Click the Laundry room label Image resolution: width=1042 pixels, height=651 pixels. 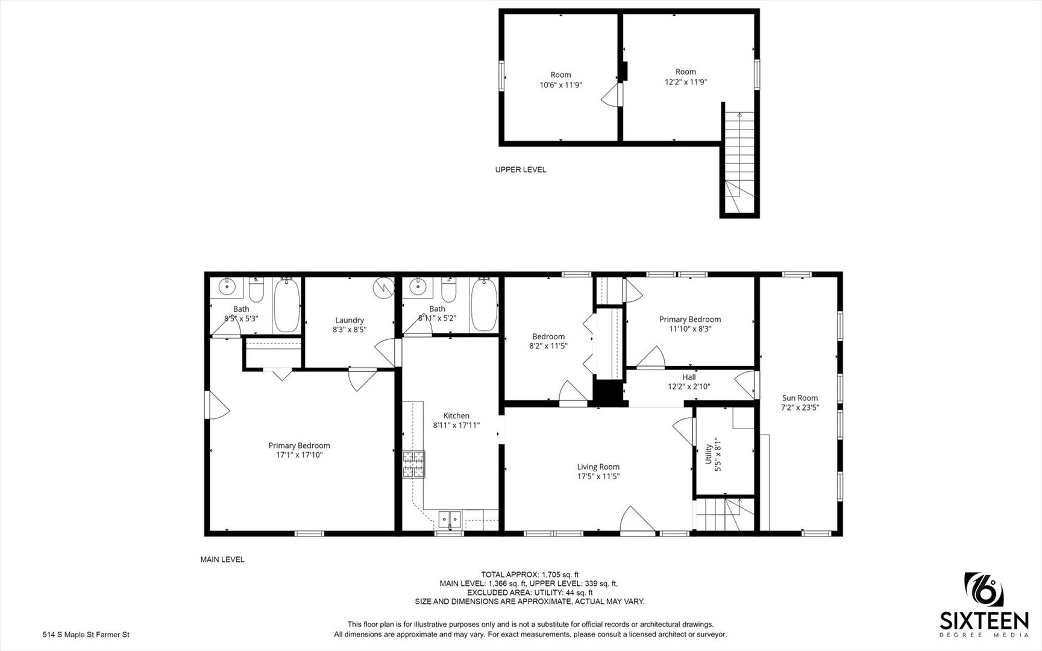(x=350, y=320)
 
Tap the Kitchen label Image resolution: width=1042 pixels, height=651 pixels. (x=456, y=415)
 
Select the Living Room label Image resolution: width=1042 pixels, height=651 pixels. (x=598, y=467)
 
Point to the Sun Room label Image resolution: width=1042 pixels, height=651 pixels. (x=800, y=398)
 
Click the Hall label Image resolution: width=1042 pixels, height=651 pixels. (x=689, y=377)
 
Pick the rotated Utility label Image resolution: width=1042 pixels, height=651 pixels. (x=708, y=454)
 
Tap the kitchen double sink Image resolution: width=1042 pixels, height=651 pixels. (x=450, y=518)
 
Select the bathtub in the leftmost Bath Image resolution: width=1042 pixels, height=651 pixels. (x=287, y=305)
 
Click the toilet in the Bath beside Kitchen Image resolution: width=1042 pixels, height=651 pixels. (x=448, y=291)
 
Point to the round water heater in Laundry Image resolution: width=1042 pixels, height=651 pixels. (x=383, y=288)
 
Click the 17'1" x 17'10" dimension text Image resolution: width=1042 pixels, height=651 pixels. (x=299, y=455)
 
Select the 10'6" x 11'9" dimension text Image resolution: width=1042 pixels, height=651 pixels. (x=560, y=85)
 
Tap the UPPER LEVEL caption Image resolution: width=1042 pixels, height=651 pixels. (x=521, y=169)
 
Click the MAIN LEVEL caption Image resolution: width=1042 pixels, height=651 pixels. (x=222, y=559)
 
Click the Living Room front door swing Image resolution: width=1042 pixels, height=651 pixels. (x=638, y=519)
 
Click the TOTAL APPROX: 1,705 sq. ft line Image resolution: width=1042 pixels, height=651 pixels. (x=530, y=574)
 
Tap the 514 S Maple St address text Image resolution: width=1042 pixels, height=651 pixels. (x=86, y=634)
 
